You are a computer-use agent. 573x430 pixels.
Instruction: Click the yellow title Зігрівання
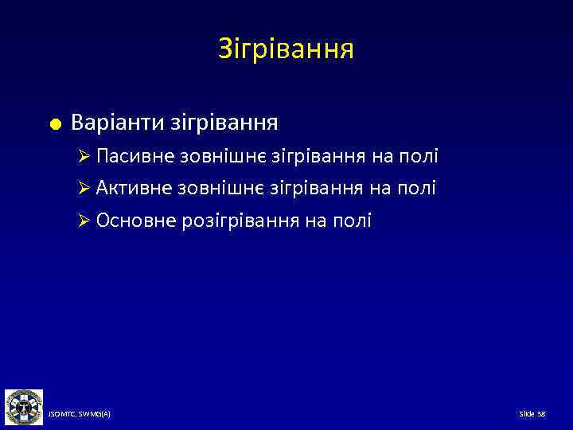[286, 50]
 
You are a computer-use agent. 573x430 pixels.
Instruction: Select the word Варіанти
[116, 123]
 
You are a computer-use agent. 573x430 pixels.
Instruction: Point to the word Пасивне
[131, 157]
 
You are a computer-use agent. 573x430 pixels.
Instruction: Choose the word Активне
[131, 188]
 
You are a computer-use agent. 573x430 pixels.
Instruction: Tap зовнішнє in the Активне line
[208, 188]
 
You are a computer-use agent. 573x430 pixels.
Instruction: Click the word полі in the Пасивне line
[419, 157]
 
